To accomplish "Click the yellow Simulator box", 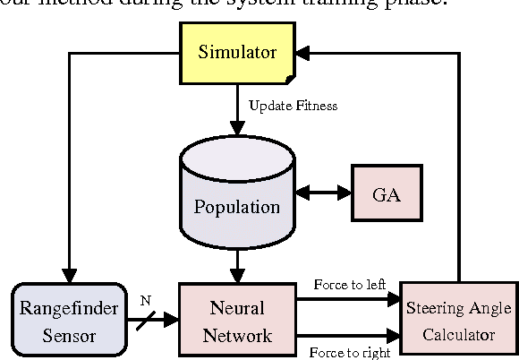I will (237, 52).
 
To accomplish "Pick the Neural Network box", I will (236, 321).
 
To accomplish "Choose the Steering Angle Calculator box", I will (459, 321).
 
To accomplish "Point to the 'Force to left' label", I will (349, 285).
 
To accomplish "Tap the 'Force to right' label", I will (350, 352).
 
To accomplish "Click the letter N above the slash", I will (146, 300).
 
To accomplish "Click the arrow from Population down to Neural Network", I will (237, 265).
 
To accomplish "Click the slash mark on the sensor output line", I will (146, 320).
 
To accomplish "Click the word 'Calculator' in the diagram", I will (459, 336).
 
